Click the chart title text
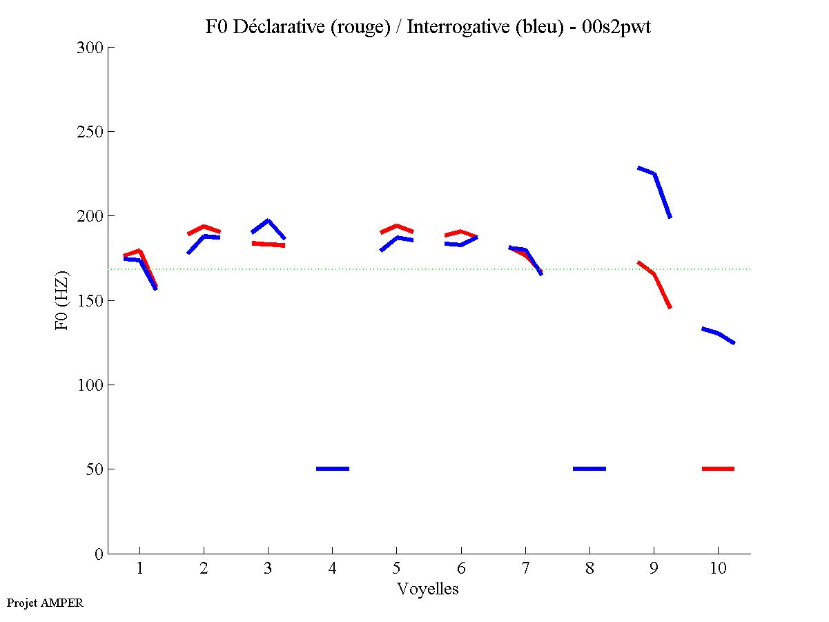point(428,27)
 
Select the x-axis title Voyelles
point(428,589)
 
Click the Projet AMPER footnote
point(45,603)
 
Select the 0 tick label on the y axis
point(100,554)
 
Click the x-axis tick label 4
point(332,569)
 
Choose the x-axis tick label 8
point(589,569)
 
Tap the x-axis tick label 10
point(718,569)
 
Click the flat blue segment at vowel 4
point(333,469)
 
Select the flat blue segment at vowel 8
point(589,469)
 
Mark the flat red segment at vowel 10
point(718,469)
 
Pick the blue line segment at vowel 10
point(719,333)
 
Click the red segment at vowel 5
point(397,226)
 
